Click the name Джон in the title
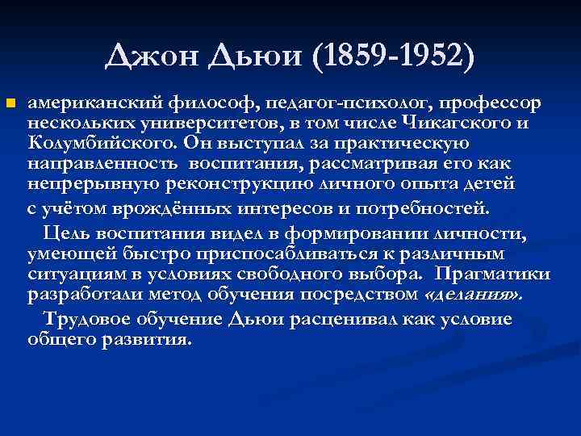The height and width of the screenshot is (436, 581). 150,57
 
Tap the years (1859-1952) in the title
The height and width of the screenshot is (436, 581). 392,57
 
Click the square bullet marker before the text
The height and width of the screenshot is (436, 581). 10,104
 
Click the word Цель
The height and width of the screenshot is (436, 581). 68,233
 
